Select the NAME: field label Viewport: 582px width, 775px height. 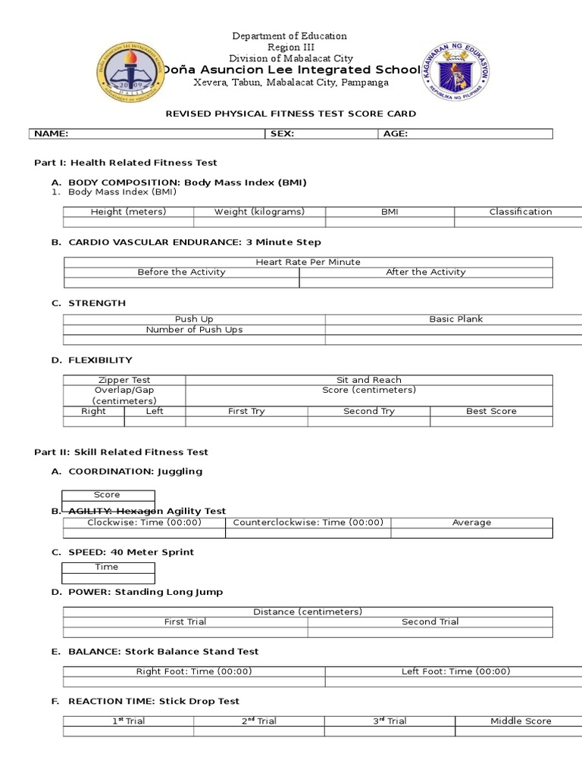(x=52, y=134)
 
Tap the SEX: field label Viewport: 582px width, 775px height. (x=281, y=134)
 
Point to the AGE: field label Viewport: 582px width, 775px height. (x=396, y=134)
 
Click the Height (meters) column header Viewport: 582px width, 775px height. (x=128, y=212)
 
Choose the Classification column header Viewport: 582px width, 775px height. (x=520, y=212)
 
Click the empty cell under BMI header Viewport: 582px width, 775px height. (x=390, y=223)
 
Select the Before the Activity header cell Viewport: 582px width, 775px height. (x=181, y=272)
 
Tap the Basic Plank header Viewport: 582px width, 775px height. (x=455, y=319)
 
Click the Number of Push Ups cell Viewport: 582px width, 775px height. (x=194, y=330)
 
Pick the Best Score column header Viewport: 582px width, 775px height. (x=491, y=411)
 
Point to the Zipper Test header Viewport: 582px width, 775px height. (x=124, y=380)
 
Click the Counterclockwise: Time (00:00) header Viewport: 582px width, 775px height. (x=308, y=522)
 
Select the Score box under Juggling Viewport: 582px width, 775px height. (x=107, y=495)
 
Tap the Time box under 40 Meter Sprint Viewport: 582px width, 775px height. (x=107, y=567)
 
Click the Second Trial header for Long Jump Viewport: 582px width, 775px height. (x=430, y=621)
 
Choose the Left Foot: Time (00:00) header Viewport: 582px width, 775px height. (x=455, y=671)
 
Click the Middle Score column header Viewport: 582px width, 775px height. (x=521, y=721)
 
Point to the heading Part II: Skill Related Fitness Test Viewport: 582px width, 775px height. (x=121, y=452)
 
